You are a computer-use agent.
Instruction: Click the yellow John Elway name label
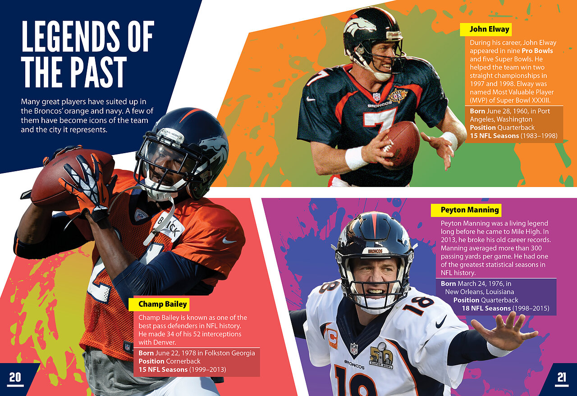(486, 29)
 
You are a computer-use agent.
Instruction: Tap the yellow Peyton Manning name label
(466, 210)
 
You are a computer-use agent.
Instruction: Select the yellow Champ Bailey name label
(162, 305)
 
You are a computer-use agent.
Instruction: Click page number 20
(15, 377)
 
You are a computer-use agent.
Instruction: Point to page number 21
(562, 378)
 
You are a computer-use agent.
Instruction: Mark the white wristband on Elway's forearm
(356, 158)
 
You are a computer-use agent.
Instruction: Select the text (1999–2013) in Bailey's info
(207, 370)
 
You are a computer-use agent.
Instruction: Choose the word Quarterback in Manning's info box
(499, 300)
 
